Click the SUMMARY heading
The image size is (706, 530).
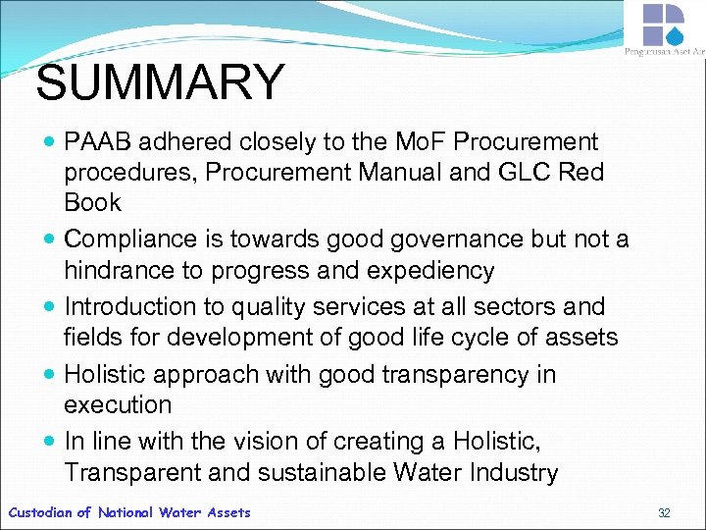(x=160, y=83)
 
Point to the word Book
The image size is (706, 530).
(x=93, y=203)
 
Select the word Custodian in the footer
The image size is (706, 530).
(x=40, y=512)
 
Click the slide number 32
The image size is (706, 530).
(x=664, y=513)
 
